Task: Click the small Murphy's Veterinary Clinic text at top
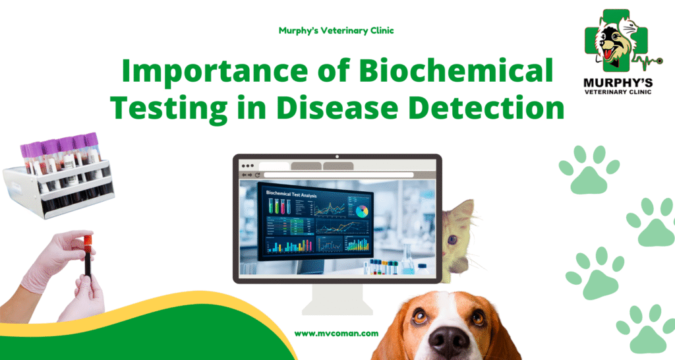pyautogui.click(x=336, y=31)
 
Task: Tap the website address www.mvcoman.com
pyautogui.click(x=336, y=334)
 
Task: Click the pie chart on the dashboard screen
pyautogui.click(x=361, y=212)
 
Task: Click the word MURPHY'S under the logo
pyautogui.click(x=618, y=82)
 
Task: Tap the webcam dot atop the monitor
pyautogui.click(x=337, y=157)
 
